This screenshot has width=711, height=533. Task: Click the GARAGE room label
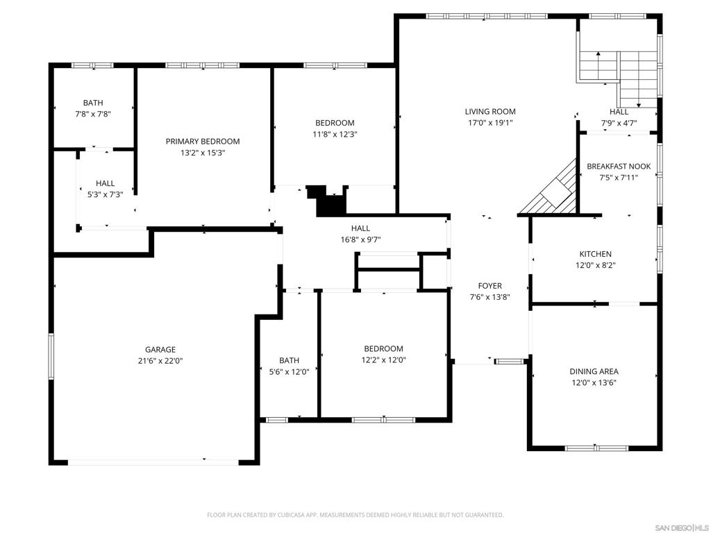point(160,350)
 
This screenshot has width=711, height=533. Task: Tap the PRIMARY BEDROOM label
point(203,142)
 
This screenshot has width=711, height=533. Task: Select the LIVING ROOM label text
point(490,112)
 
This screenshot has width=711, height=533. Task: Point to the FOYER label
point(490,286)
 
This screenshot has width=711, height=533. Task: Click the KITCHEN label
point(595,254)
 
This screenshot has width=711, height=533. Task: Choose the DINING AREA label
point(594,372)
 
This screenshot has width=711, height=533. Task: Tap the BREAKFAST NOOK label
point(619,167)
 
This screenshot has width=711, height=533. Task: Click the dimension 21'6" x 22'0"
point(160,361)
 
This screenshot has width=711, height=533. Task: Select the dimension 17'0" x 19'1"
point(490,123)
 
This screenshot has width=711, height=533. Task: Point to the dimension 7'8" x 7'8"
point(93,115)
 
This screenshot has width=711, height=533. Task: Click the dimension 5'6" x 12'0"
point(290,372)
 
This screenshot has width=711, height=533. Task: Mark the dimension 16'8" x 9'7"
point(360,239)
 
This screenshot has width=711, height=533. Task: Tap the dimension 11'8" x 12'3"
point(335,135)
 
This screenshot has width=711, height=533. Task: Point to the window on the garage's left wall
point(51,356)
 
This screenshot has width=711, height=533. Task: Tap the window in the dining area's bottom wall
point(596,449)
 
